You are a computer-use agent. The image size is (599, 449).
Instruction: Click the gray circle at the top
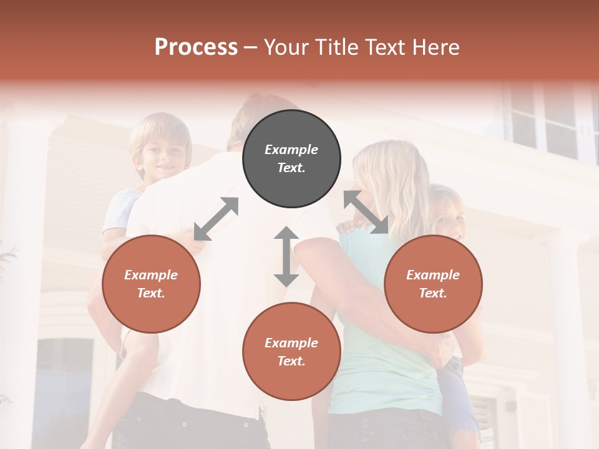point(291,159)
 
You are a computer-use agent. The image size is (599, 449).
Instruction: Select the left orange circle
point(151,284)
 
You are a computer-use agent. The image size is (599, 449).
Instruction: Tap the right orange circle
point(433,284)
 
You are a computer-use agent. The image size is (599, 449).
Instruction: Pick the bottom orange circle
point(291,352)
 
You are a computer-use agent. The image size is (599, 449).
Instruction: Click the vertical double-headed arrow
point(286,256)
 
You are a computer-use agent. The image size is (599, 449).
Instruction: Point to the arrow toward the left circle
point(216,219)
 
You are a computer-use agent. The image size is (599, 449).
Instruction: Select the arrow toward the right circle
point(366,212)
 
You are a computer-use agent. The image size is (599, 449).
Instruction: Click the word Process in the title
point(196,47)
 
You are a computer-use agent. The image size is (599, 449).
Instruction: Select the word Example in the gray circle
point(291,150)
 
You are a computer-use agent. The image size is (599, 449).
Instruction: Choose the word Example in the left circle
point(151,275)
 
